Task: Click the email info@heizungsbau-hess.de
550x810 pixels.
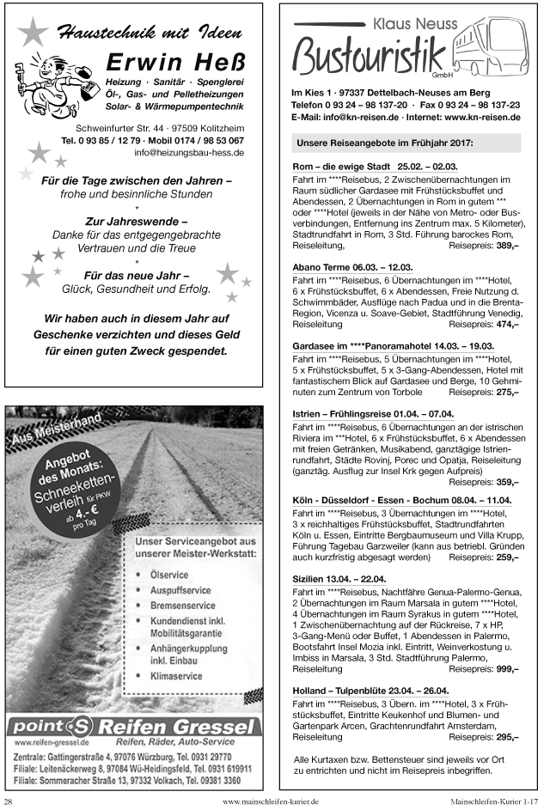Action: click(x=189, y=152)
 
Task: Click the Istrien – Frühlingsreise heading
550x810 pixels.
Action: click(x=373, y=413)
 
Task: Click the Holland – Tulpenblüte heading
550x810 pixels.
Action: click(x=370, y=690)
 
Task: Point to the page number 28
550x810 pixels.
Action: click(x=9, y=801)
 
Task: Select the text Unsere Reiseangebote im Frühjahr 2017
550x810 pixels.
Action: click(x=384, y=143)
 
